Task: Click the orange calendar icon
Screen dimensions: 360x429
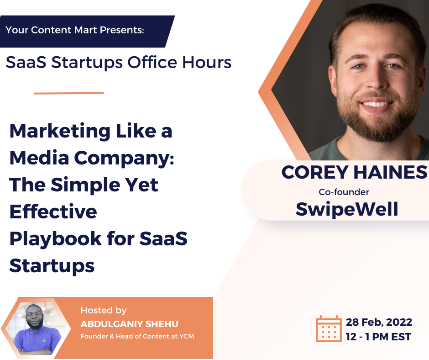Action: [x=329, y=328]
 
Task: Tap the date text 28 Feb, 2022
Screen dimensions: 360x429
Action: [x=379, y=322]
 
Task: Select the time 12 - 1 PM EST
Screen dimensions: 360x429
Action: [x=378, y=337]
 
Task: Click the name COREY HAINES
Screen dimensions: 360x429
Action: [x=354, y=172]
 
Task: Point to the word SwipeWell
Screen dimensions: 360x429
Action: [x=347, y=209]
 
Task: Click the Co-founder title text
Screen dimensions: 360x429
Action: [x=344, y=192]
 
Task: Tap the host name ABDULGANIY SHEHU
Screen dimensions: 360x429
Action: [x=129, y=324]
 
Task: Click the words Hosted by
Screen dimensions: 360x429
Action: [x=104, y=311]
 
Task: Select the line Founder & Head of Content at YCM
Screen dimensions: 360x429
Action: [x=140, y=337]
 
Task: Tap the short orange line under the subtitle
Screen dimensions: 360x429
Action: [x=69, y=93]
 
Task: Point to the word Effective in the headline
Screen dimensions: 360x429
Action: [x=53, y=212]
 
